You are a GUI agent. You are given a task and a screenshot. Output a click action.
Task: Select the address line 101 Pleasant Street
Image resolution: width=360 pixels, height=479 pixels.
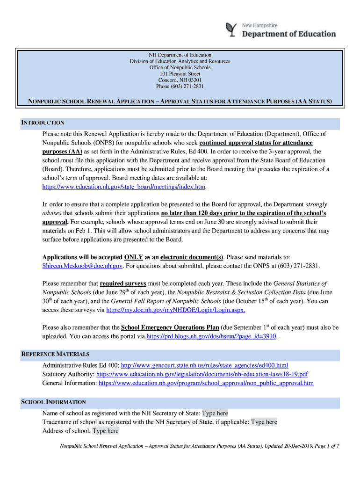pos(180,74)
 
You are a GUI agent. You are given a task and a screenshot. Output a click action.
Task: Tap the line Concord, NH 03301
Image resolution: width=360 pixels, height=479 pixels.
pos(180,80)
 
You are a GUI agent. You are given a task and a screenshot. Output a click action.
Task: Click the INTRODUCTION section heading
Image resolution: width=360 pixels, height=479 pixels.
pos(43,123)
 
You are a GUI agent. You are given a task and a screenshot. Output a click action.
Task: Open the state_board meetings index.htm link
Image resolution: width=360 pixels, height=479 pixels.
pos(124,187)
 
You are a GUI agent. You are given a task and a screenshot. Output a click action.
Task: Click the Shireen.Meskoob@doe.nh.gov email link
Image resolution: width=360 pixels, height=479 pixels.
pos(83,266)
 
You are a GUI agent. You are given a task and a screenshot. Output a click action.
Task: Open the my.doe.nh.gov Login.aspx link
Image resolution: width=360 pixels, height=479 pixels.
pos(175,310)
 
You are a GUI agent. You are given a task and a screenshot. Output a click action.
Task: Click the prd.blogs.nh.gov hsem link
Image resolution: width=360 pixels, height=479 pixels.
pos(212,336)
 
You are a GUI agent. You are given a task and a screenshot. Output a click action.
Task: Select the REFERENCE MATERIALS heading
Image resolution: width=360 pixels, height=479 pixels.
pos(55,354)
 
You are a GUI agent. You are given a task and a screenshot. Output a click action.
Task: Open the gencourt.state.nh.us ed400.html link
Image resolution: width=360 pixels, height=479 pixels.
pos(204,365)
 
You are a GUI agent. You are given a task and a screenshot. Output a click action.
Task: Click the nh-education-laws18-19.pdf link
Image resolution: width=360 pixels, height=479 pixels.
pos(202,374)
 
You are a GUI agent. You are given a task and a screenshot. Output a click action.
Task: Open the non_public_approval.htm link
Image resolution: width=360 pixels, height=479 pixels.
pos(206,383)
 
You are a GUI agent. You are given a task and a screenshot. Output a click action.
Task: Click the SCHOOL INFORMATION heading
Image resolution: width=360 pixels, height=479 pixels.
pos(54,402)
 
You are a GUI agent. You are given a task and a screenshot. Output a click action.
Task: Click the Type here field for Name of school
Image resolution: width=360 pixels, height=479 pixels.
pos(215,413)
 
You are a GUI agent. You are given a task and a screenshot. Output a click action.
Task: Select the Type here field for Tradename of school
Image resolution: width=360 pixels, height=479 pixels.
pos(264,422)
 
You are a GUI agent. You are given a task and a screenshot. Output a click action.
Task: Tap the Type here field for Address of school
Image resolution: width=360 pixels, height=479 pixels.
pos(106,431)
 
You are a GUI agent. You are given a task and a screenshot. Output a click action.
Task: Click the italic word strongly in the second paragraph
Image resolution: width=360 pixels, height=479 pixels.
pos(316,204)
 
